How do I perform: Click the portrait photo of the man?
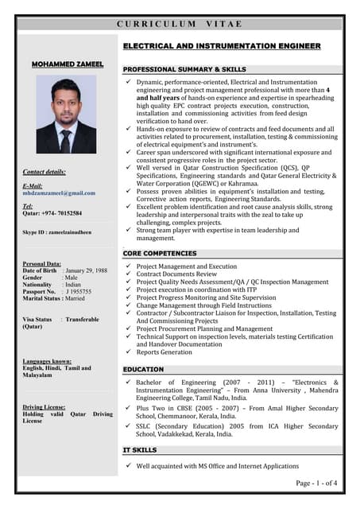tap(66, 115)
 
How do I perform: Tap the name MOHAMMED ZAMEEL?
tap(66, 62)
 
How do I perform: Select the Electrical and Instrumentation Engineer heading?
tap(222, 47)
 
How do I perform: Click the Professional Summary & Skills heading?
tap(184, 70)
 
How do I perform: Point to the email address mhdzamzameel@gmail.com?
tap(59, 193)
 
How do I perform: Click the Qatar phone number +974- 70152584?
tap(52, 213)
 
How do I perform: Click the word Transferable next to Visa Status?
tap(83, 319)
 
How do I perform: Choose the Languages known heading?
tap(47, 361)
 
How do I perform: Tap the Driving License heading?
tap(44, 406)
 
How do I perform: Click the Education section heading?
tap(143, 370)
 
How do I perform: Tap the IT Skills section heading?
tap(140, 450)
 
